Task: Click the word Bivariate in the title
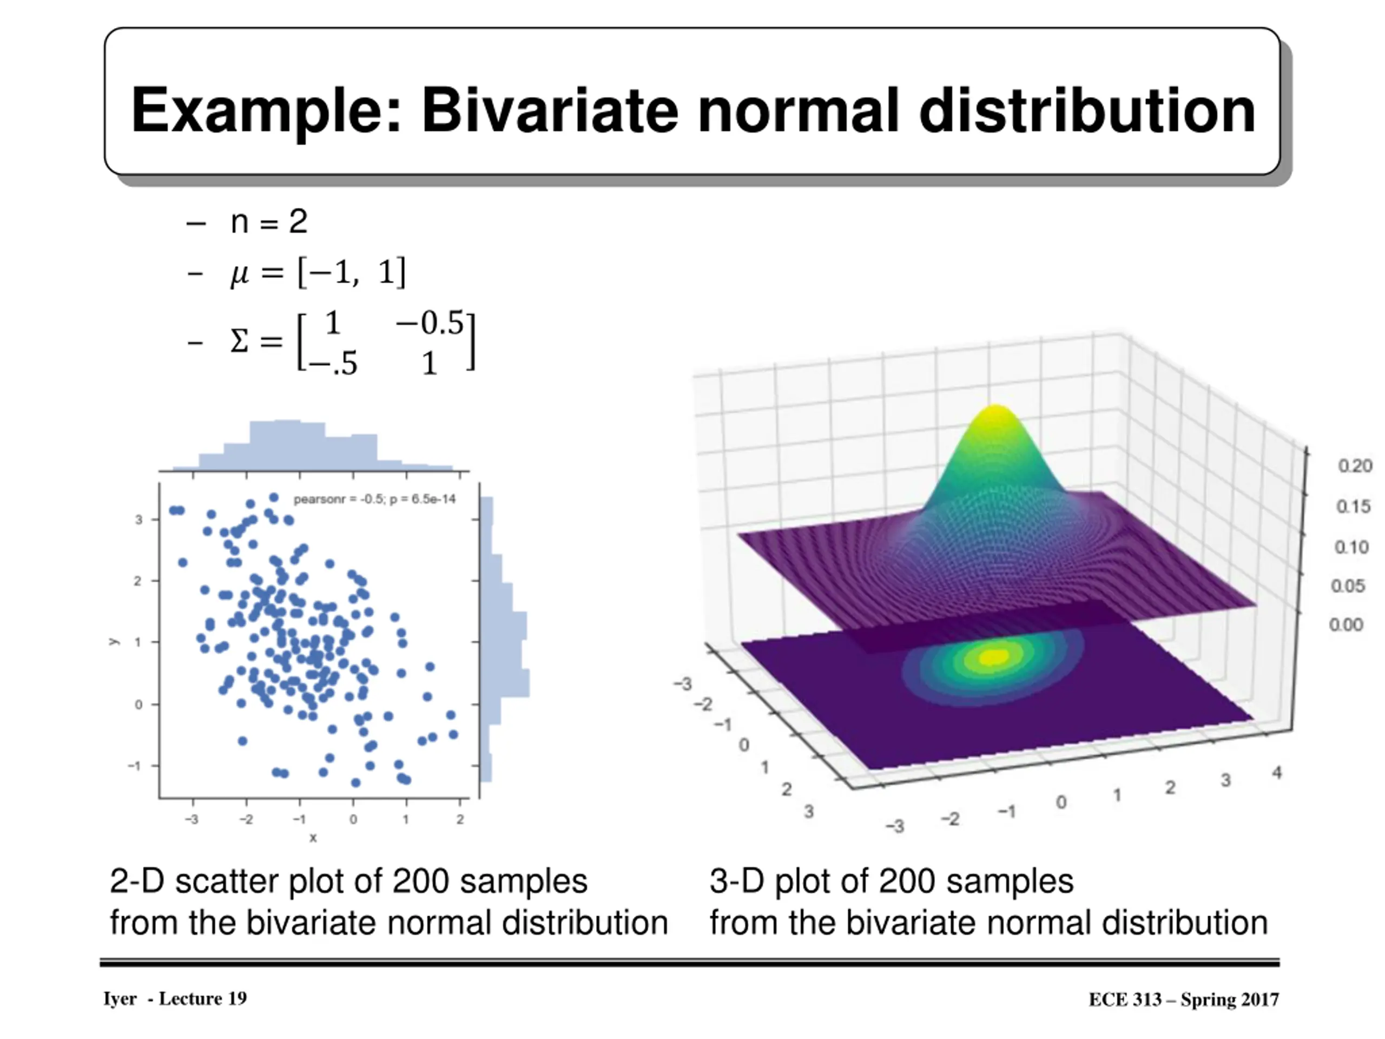tap(549, 111)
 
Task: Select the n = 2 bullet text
tap(268, 222)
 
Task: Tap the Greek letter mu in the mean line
tap(239, 273)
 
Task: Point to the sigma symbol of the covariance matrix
tap(239, 342)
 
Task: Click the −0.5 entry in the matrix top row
tap(430, 323)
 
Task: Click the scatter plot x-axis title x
tap(313, 838)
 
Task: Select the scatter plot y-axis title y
tap(113, 641)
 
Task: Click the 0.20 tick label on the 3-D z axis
tap(1354, 465)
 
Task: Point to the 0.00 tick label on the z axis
tap(1346, 624)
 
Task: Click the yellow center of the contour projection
tap(992, 657)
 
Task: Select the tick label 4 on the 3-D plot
tap(1277, 772)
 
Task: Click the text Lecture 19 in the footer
tap(202, 998)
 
